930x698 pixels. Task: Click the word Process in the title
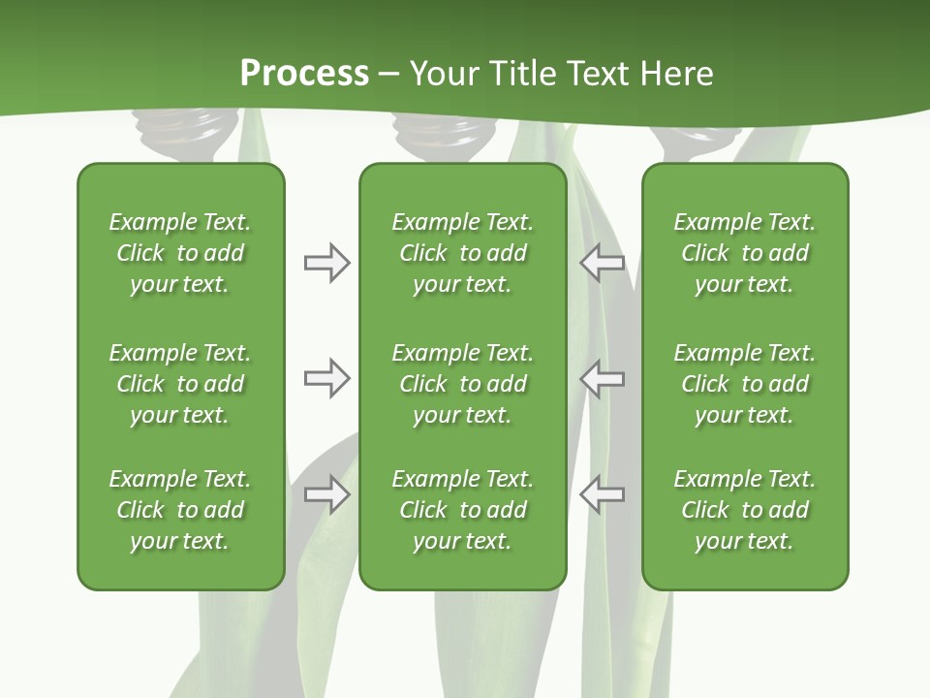click(x=304, y=74)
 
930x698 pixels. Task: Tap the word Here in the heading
click(x=674, y=74)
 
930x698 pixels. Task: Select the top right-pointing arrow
click(x=326, y=263)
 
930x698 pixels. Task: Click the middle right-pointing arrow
click(x=326, y=378)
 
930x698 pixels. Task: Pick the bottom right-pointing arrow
click(x=326, y=494)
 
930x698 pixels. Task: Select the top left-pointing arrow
click(x=602, y=263)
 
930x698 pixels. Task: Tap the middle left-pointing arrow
click(x=602, y=378)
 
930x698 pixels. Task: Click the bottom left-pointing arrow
click(x=602, y=494)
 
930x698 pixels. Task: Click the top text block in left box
click(x=180, y=253)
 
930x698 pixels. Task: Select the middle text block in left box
click(x=180, y=384)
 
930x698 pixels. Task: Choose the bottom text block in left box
click(x=180, y=510)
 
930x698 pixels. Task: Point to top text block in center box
click(x=462, y=253)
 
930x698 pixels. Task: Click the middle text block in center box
click(x=462, y=384)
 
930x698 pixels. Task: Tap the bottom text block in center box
click(x=462, y=510)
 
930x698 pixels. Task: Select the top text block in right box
click(x=744, y=253)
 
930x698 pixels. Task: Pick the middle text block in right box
click(x=744, y=384)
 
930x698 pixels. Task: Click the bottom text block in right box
click(x=744, y=510)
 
